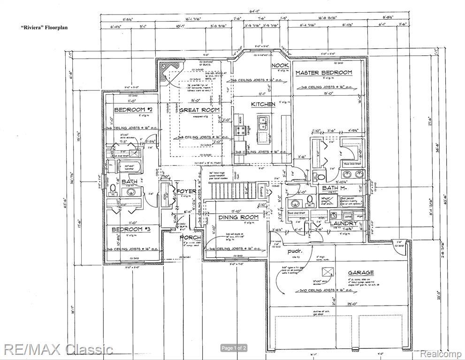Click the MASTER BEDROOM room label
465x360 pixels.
click(323, 73)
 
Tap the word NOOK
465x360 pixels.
click(280, 65)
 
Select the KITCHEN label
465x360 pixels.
click(263, 104)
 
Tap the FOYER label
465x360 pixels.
click(186, 191)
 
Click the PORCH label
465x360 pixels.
click(190, 238)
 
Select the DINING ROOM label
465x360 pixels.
click(238, 217)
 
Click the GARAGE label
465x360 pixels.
click(360, 272)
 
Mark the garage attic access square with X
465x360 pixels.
click(326, 271)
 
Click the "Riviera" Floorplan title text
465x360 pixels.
click(44, 28)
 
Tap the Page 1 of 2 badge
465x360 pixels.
click(234, 348)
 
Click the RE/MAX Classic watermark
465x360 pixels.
click(58, 349)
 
